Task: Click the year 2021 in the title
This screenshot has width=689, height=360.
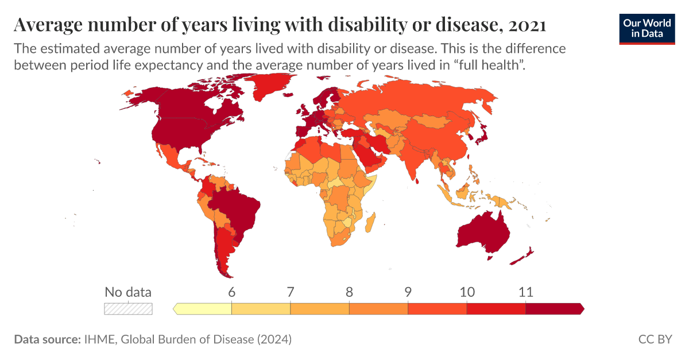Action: click(x=527, y=25)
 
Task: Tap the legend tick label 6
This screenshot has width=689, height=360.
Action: click(x=231, y=292)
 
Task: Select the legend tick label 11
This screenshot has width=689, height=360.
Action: click(x=525, y=292)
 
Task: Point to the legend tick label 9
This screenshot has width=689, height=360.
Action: click(x=408, y=292)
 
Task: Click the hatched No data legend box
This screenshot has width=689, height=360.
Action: click(x=128, y=309)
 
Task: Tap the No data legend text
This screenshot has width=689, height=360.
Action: click(x=128, y=292)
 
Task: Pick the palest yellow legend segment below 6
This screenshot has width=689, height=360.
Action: click(x=203, y=309)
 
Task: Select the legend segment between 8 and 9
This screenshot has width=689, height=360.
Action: click(x=378, y=309)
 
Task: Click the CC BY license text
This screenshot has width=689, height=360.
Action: click(x=655, y=339)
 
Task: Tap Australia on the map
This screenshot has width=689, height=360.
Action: click(x=483, y=232)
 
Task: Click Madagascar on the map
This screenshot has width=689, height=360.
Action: click(x=371, y=221)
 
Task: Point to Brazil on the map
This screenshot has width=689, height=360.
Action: click(x=233, y=210)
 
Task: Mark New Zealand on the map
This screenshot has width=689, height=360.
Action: click(x=525, y=253)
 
